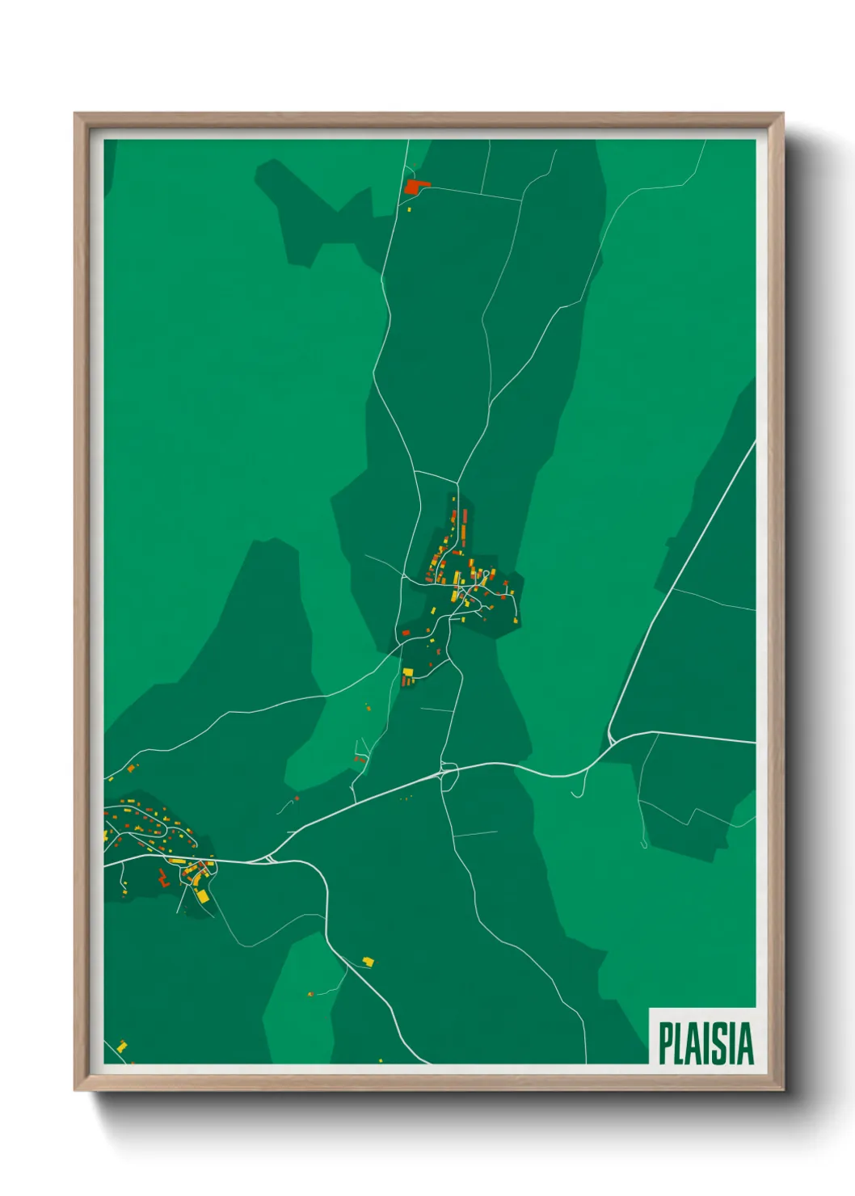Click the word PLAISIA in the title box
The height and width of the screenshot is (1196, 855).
(705, 1043)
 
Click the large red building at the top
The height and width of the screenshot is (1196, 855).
(414, 187)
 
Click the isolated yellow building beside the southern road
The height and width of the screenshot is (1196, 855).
(369, 962)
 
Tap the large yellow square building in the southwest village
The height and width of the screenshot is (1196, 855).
(202, 895)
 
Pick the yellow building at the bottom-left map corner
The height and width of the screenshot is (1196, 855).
(122, 1046)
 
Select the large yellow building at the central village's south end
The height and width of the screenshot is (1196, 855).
(408, 672)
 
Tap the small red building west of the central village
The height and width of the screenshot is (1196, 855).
(406, 633)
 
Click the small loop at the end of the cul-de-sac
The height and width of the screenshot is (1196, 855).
(644, 845)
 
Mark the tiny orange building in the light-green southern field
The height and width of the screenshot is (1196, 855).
(310, 993)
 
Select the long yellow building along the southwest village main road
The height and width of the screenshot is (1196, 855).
(177, 861)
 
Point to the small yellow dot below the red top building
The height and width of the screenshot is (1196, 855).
(409, 209)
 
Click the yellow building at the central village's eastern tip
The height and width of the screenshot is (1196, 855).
(512, 594)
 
